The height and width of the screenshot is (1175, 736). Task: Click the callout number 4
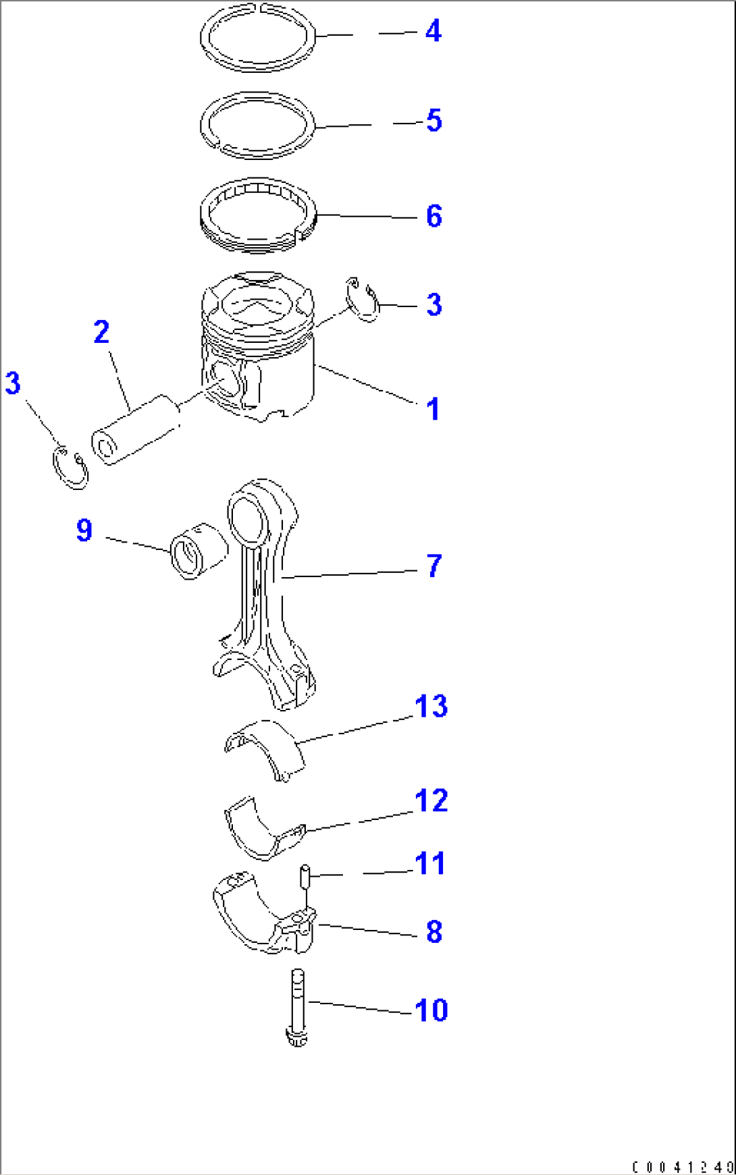pos(433,31)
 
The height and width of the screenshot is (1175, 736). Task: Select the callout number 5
pos(434,121)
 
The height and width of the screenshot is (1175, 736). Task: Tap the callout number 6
pos(434,216)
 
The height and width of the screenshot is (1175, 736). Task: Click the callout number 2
pos(101,332)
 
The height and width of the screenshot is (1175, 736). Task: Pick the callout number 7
pos(434,566)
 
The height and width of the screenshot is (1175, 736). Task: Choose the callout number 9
pos(84,530)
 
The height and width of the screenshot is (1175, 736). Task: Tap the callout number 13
pos(431,707)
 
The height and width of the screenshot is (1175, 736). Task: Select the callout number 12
pos(431,801)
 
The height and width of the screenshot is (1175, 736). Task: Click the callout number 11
pos(430,864)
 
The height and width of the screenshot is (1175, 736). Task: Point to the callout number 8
pos(434,932)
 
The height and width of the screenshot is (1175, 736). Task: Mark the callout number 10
pos(431,1010)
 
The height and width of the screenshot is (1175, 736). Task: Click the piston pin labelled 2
pos(136,430)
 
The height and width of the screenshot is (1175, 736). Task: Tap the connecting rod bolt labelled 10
pos(297,1008)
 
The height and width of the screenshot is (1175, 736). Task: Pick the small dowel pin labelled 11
pos(305,877)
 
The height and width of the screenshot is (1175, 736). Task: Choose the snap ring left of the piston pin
pos(70,467)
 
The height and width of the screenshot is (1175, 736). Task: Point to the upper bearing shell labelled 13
pos(265,750)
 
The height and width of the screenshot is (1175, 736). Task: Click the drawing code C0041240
pos(683,1167)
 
